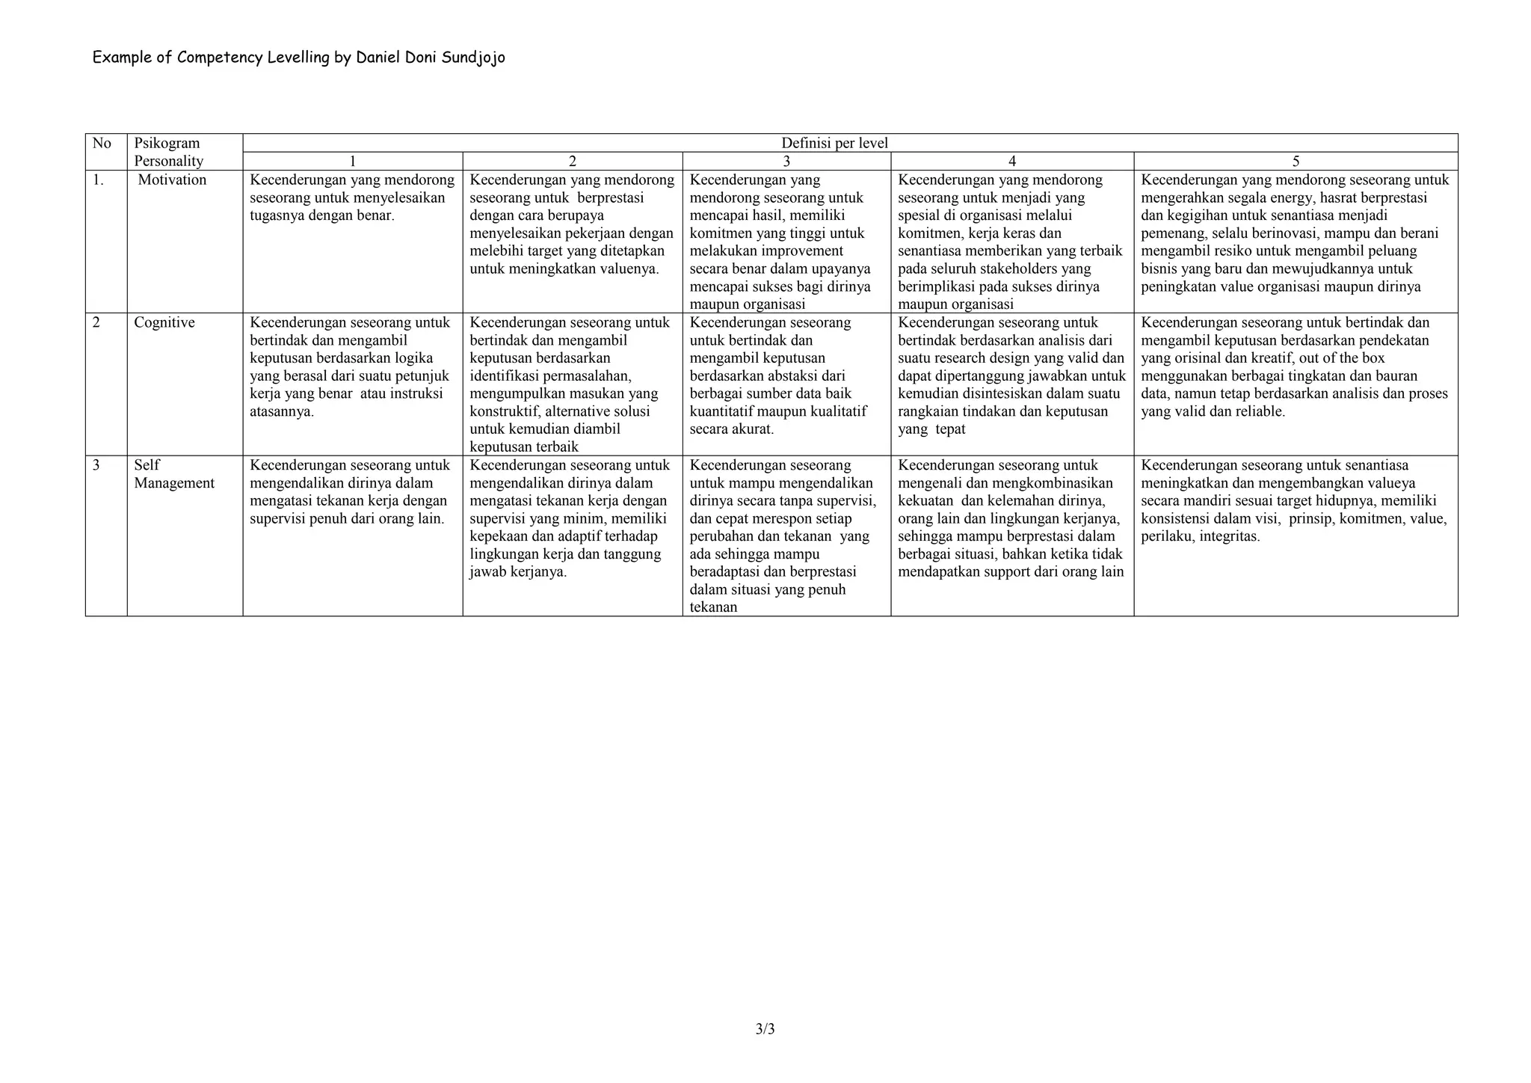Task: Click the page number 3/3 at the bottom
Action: (x=765, y=1029)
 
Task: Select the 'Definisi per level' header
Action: (x=834, y=143)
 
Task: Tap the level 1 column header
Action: (x=353, y=162)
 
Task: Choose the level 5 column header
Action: (x=1296, y=162)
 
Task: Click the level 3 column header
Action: (x=786, y=162)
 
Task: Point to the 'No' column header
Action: (x=102, y=143)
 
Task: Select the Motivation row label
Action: (x=172, y=180)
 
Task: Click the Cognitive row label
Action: (x=164, y=322)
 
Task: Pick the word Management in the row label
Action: (x=174, y=483)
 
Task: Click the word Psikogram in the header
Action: (x=167, y=143)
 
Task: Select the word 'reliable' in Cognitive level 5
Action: (x=1255, y=412)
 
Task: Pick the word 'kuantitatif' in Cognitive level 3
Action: (x=725, y=412)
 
